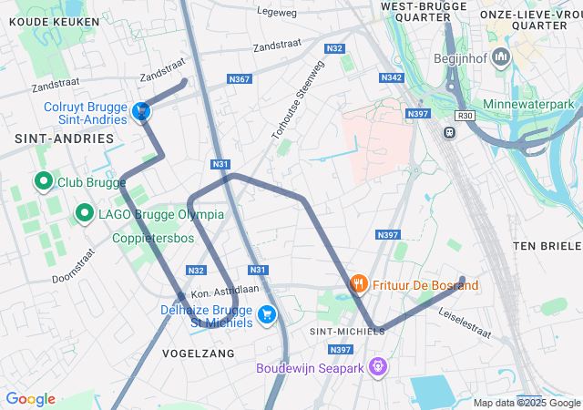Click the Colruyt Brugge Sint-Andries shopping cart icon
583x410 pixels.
click(x=141, y=111)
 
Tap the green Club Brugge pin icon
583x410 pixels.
click(x=43, y=181)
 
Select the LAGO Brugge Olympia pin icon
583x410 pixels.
click(x=85, y=213)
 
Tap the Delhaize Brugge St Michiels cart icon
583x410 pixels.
click(x=267, y=315)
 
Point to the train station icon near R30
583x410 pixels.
click(x=449, y=132)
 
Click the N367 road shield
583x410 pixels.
click(x=240, y=79)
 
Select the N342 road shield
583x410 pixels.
click(x=393, y=78)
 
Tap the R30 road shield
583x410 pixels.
click(x=466, y=117)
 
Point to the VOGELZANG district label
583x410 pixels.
click(x=198, y=353)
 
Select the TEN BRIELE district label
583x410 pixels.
click(x=547, y=247)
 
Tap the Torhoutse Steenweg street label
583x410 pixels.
click(x=298, y=100)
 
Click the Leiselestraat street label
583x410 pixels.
click(x=465, y=322)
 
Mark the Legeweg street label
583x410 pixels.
click(x=278, y=13)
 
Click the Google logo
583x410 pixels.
click(x=30, y=399)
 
